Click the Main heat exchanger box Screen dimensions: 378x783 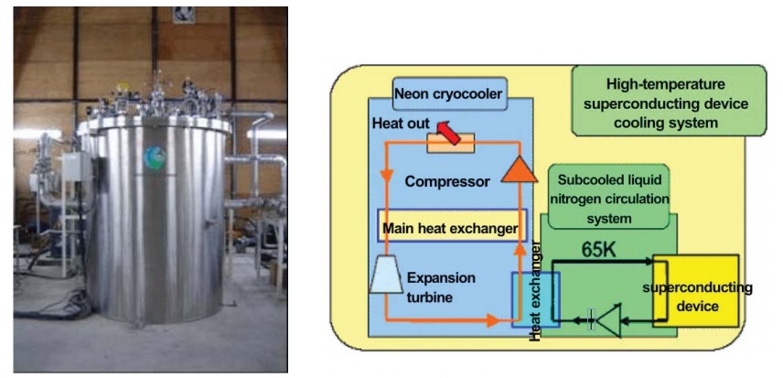pyautogui.click(x=452, y=227)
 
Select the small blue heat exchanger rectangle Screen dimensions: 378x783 pyautogui.click(x=533, y=299)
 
